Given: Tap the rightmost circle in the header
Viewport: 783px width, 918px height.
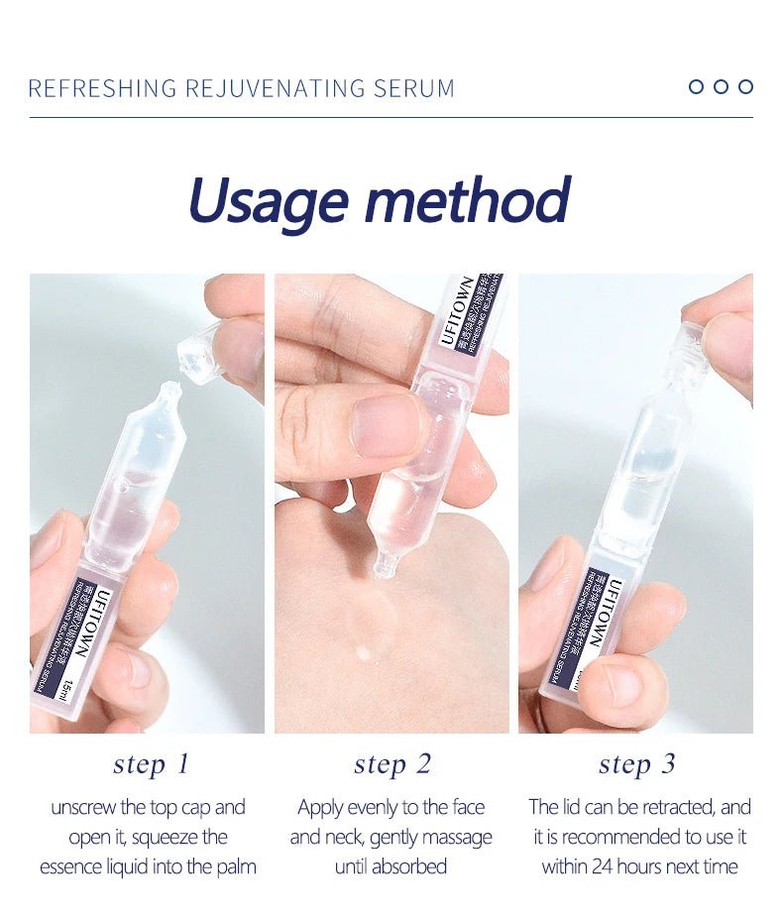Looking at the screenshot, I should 745,86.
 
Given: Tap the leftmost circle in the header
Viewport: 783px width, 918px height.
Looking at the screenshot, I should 696,86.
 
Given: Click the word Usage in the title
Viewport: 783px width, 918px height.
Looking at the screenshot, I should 267,201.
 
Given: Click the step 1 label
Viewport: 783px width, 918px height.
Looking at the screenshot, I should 151,763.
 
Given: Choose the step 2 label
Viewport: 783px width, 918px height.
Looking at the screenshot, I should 392,763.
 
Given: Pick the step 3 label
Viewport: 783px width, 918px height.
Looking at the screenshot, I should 636,763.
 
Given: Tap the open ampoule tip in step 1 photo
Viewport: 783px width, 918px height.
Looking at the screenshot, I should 169,395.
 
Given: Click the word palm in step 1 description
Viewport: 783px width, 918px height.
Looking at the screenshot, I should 236,866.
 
